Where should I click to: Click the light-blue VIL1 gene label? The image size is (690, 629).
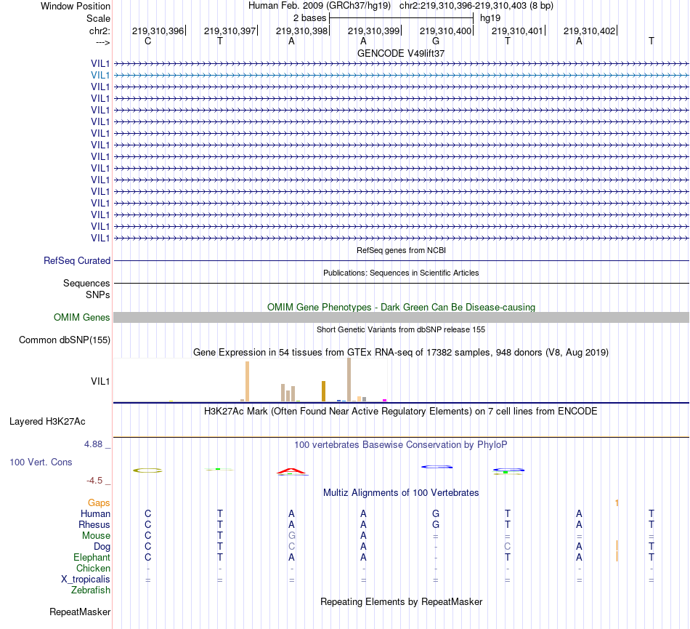click(x=100, y=75)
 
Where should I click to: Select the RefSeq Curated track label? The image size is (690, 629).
click(x=77, y=260)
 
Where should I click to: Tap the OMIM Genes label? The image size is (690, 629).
click(x=82, y=317)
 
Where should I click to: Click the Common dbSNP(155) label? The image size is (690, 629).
click(x=65, y=340)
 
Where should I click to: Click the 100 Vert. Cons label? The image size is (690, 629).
click(x=41, y=462)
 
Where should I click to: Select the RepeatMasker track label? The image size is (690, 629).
click(x=80, y=612)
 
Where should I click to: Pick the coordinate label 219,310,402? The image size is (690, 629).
click(x=589, y=31)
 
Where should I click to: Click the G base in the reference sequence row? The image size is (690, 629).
click(x=436, y=41)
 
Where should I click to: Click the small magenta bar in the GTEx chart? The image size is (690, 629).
click(x=384, y=399)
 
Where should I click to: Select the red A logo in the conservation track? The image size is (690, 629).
click(x=292, y=471)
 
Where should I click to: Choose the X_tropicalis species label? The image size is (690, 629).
click(x=86, y=580)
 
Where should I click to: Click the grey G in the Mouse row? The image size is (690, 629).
click(x=291, y=535)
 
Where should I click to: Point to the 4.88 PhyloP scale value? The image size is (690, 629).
click(x=95, y=444)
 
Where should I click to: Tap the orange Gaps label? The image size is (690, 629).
click(x=99, y=502)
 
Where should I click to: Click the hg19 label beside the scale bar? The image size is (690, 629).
click(x=490, y=17)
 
